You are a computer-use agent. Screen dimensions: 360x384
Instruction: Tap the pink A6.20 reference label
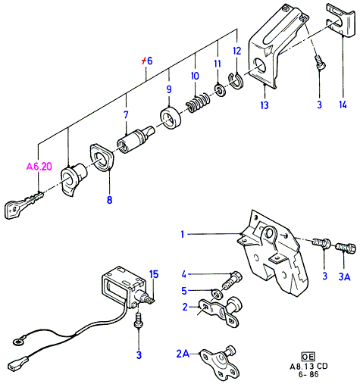(39, 167)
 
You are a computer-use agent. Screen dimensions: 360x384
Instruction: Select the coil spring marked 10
(198, 103)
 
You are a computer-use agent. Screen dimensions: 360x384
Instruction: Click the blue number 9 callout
(169, 89)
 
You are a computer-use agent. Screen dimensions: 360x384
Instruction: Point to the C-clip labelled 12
(236, 82)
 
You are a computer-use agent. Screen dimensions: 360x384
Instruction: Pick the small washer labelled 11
(221, 90)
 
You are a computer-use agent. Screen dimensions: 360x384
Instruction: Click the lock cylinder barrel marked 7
(136, 139)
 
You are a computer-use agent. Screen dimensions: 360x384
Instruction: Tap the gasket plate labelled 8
(101, 158)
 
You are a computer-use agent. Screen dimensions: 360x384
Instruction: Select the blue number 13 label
(265, 105)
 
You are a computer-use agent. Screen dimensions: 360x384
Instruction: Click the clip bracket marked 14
(340, 20)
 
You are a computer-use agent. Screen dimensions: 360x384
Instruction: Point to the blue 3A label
(344, 276)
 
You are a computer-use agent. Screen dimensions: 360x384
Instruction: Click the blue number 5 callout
(184, 291)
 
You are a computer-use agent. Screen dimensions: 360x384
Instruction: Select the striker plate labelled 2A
(219, 363)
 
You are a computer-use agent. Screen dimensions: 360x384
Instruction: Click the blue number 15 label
(154, 274)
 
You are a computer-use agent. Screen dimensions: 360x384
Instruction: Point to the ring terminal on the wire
(18, 342)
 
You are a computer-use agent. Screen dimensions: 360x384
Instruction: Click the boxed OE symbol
(308, 356)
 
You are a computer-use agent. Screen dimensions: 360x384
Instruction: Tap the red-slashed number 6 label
(147, 61)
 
